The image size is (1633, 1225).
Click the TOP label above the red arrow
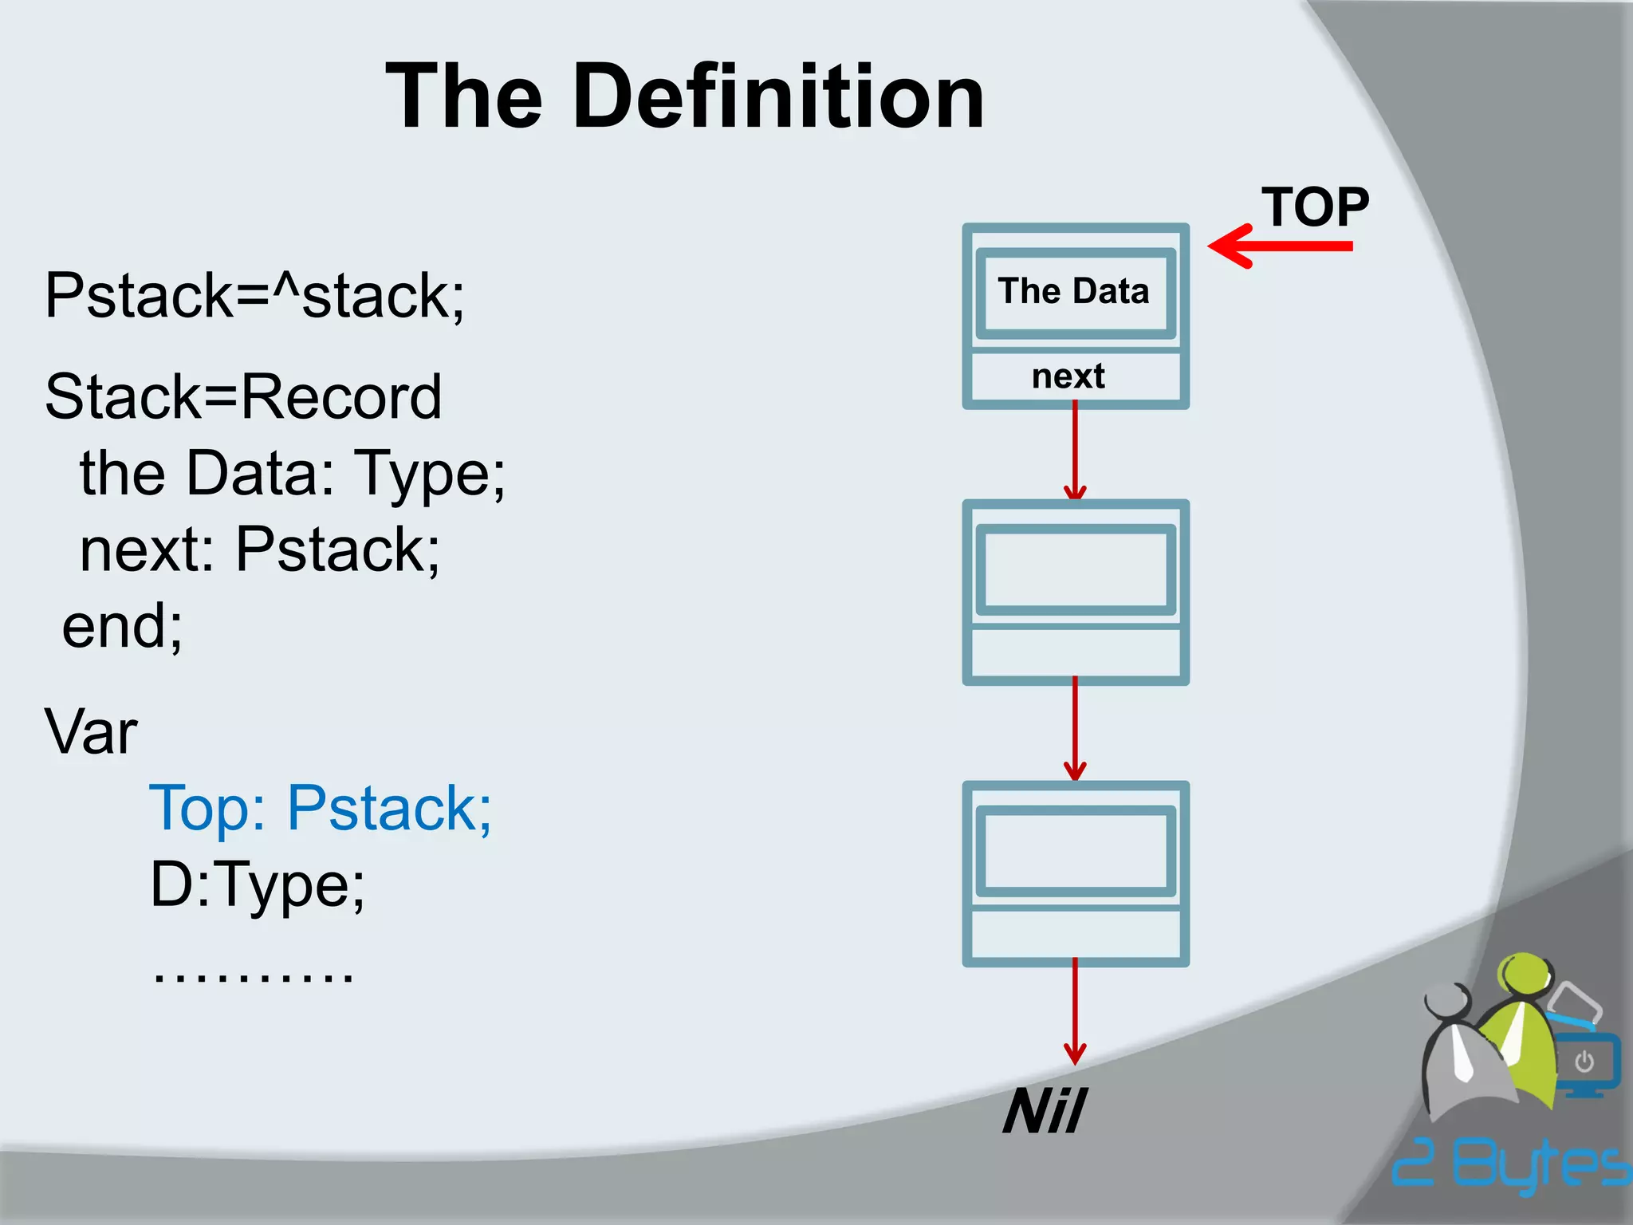pyautogui.click(x=1314, y=207)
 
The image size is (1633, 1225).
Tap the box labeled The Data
pyautogui.click(x=1075, y=292)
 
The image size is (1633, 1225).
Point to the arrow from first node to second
pyautogui.click(x=1075, y=451)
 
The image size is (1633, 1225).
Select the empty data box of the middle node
pyautogui.click(x=1075, y=569)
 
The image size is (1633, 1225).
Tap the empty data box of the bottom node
pyautogui.click(x=1075, y=850)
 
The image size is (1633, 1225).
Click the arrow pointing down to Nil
pyautogui.click(x=1075, y=1013)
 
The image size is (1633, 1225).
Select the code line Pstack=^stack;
pyautogui.click(x=254, y=297)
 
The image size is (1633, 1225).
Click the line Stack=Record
pyautogui.click(x=243, y=396)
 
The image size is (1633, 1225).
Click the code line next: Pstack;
pyautogui.click(x=260, y=549)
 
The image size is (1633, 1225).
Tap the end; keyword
pyautogui.click(x=122, y=626)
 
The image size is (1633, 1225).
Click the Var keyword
pyautogui.click(x=91, y=731)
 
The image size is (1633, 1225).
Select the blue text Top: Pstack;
pyautogui.click(x=321, y=809)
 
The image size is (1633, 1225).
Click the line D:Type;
pyautogui.click(x=257, y=885)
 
